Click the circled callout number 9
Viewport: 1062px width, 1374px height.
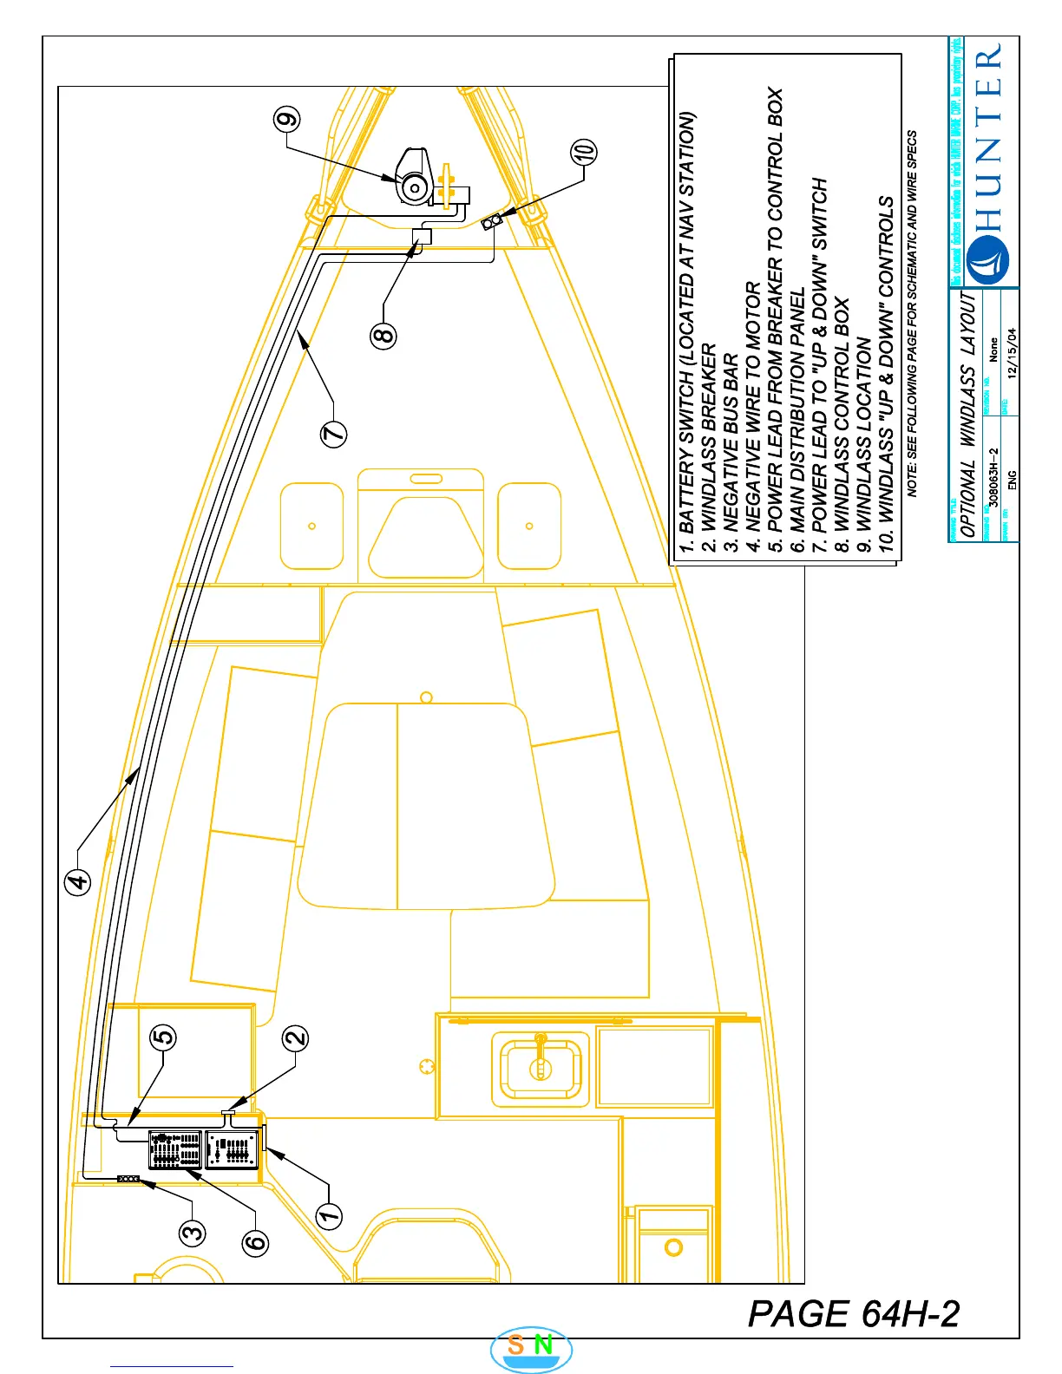coord(287,119)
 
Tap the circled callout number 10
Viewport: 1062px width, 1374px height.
coord(584,152)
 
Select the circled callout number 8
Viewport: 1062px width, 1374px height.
coord(383,334)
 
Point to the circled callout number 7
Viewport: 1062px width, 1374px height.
coord(334,433)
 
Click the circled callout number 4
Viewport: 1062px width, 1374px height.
coord(78,881)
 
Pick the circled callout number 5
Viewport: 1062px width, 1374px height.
coord(163,1036)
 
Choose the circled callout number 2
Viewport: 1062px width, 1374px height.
coord(296,1037)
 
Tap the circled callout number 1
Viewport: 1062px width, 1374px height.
coord(329,1215)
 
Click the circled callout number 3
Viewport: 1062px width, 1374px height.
coord(193,1232)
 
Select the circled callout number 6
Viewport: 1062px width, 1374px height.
coord(255,1242)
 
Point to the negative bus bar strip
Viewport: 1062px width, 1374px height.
coord(128,1178)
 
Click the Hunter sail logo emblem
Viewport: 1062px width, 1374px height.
coord(987,259)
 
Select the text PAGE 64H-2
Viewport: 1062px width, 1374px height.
coord(854,1313)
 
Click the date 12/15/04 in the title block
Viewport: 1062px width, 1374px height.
coord(1012,352)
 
